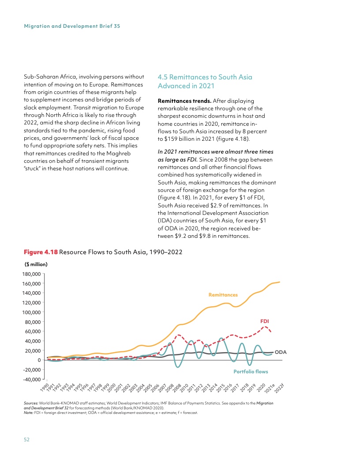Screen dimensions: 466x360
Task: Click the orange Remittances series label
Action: (223, 295)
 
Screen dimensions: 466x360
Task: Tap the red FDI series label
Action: (265, 321)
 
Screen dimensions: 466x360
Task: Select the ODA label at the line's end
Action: (281, 352)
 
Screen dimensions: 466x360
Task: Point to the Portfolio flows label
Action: (251, 372)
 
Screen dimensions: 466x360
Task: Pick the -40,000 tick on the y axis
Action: (30, 380)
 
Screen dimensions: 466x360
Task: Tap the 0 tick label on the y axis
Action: (39, 360)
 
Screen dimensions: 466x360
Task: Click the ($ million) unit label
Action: (35, 265)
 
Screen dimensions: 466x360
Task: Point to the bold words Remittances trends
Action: (184, 101)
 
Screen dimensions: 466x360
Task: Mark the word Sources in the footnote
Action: (31, 403)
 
